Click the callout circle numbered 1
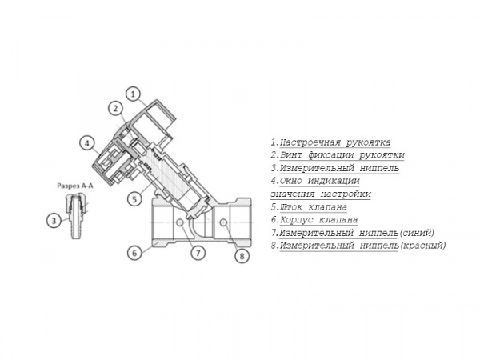[x=133, y=94]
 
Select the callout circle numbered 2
[x=116, y=108]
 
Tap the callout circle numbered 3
[x=54, y=220]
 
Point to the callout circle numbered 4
[x=87, y=143]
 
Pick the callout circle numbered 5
[x=134, y=199]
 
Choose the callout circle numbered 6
[x=134, y=253]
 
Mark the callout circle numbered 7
[x=198, y=253]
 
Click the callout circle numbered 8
[x=242, y=256]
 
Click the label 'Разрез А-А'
[x=75, y=186]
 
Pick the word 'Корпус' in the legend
[x=296, y=220]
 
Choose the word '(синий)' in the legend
[x=417, y=233]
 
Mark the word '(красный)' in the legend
[x=422, y=246]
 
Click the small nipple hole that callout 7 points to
[x=180, y=222]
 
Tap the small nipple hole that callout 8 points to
[x=223, y=222]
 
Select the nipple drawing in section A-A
[x=75, y=216]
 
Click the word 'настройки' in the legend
[x=346, y=194]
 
